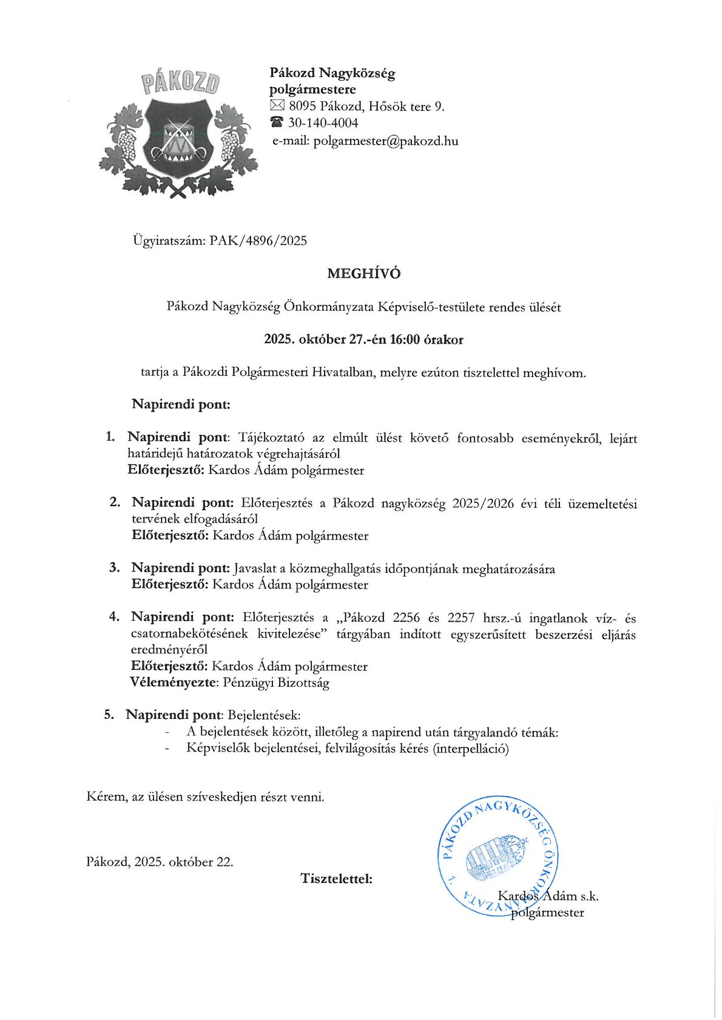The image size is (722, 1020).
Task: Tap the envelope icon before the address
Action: (277, 107)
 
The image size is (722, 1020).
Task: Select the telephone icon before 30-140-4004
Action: (277, 123)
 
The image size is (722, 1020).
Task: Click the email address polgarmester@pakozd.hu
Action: (385, 141)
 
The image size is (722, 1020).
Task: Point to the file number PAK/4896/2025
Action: (258, 241)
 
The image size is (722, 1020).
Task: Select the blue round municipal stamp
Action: (498, 855)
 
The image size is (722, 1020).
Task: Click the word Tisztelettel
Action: (336, 878)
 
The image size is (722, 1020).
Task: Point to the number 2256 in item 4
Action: (407, 618)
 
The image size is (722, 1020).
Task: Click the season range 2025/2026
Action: (483, 504)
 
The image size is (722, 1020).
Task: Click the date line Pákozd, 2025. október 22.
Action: (160, 862)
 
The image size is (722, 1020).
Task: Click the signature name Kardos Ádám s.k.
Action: (548, 896)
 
